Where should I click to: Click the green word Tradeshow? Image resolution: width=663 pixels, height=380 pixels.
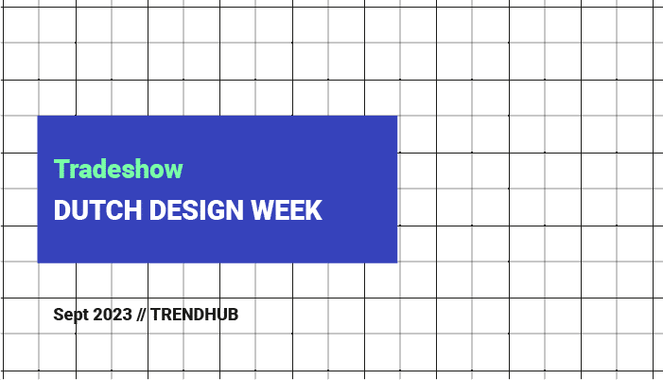118,169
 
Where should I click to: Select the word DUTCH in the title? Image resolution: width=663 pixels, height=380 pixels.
97,210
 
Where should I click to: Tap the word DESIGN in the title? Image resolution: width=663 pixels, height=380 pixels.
197,210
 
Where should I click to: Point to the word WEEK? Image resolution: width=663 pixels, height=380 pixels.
287,210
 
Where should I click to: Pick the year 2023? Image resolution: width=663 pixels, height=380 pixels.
112,315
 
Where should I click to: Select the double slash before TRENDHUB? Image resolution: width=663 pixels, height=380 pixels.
141,315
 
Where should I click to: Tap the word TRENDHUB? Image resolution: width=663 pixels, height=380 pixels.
195,315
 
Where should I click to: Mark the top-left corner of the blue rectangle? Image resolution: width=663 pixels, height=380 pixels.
38,116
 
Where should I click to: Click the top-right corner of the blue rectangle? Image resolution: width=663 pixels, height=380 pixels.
397,116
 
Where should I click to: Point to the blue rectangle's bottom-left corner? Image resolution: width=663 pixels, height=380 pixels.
38,262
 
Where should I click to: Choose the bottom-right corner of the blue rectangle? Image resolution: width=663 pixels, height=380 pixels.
397,262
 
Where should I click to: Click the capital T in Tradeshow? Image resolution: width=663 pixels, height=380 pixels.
61,169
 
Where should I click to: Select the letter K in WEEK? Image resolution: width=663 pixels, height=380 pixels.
314,210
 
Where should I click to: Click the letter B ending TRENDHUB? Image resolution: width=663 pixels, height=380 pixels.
233,315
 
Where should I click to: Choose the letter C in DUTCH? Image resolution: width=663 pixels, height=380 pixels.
114,210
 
